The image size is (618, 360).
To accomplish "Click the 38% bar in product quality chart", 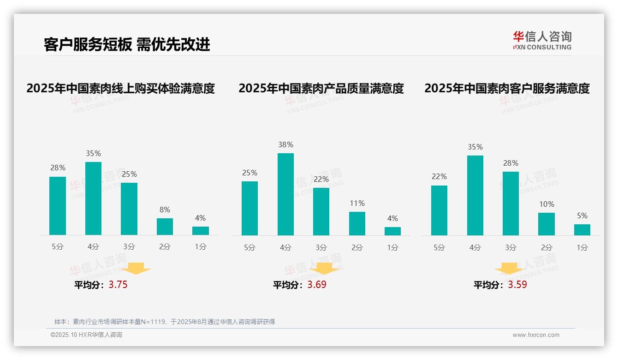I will point(285,194).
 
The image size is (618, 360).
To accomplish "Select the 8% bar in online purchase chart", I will point(165,227).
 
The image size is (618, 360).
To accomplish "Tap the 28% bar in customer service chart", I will point(511,204).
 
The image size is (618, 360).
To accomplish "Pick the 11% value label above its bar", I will point(357,203).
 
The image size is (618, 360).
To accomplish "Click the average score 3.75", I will point(118,285).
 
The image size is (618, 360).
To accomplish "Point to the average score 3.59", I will point(517,285).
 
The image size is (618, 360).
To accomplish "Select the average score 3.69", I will point(317,285).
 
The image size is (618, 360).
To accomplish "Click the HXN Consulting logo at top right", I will point(542,40).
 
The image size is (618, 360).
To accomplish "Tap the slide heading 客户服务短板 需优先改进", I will point(127,44).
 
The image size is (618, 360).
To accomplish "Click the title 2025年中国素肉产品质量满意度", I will point(321,88).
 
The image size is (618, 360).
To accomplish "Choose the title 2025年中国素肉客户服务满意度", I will point(507,88).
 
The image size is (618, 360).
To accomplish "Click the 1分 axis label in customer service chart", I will point(582,247).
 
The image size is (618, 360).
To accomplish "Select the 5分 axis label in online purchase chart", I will point(58,246).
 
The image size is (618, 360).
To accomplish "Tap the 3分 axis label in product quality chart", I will point(321,247).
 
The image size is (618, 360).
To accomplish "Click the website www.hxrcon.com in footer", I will point(536,335).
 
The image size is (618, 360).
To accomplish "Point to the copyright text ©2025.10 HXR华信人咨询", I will point(86,335).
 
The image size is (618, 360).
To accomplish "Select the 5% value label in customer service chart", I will point(582,216).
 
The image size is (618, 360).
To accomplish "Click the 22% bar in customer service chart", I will point(439,210).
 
